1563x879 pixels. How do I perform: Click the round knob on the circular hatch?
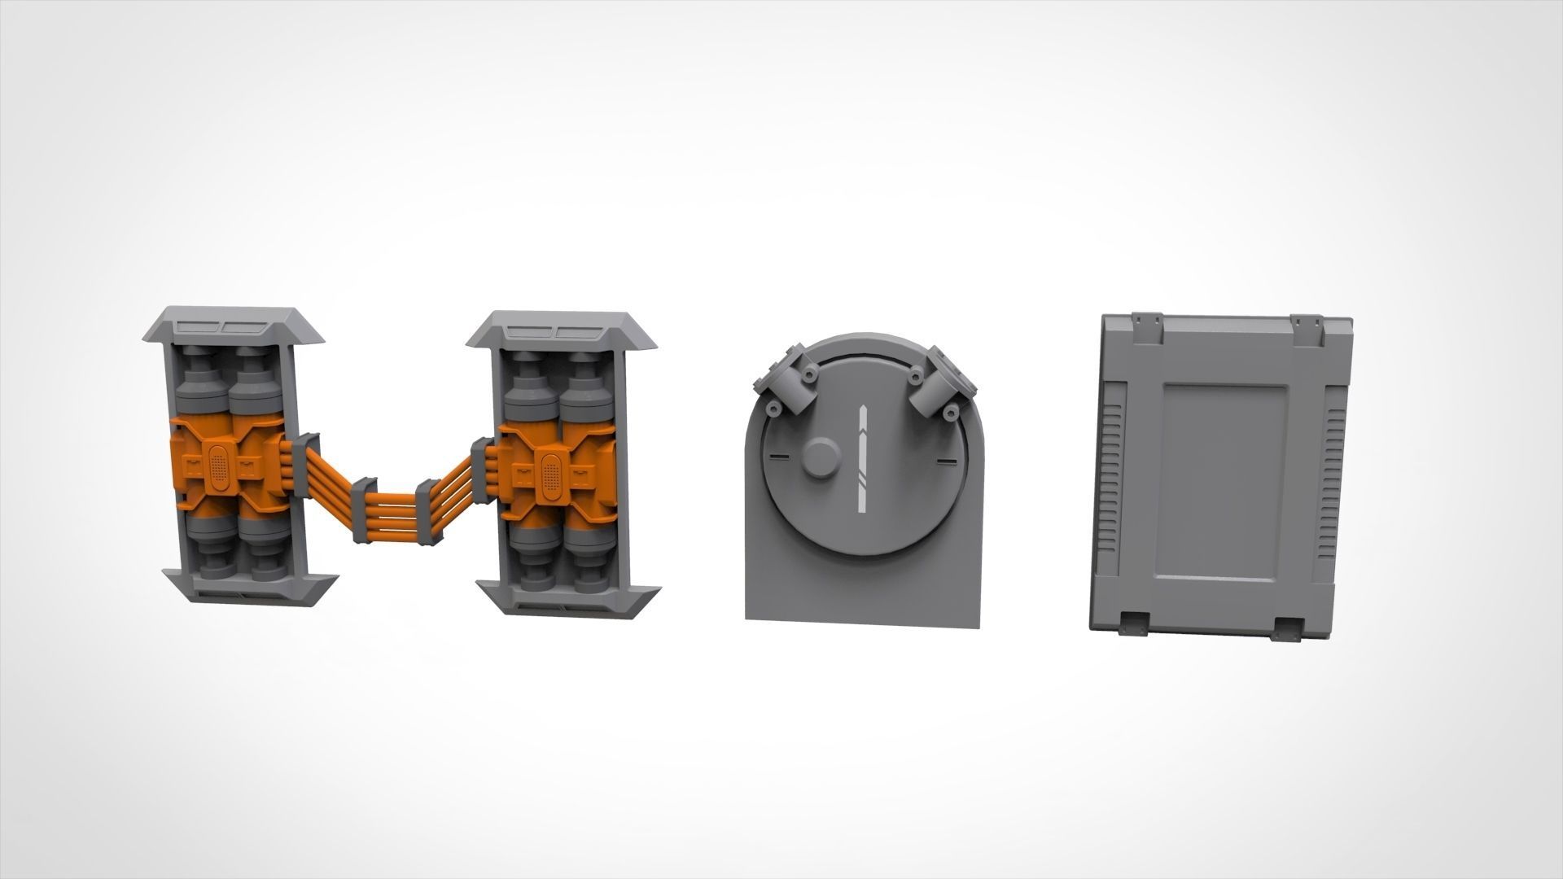click(x=821, y=458)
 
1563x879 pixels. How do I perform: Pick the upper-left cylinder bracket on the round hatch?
click(x=788, y=381)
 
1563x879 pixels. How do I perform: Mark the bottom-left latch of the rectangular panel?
click(x=1134, y=624)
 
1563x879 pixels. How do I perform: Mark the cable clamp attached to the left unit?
click(x=303, y=464)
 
